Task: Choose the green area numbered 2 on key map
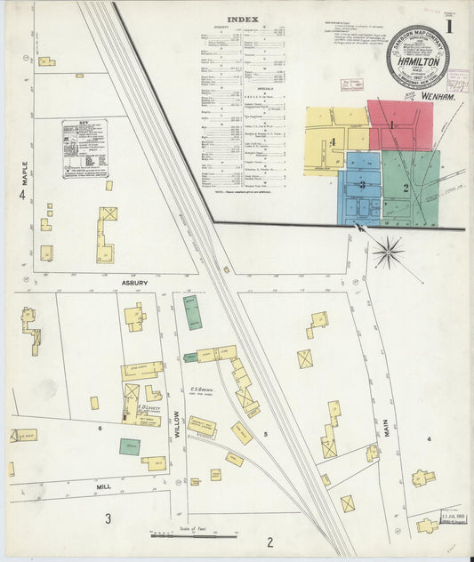[406, 187]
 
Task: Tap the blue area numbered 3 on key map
[362, 184]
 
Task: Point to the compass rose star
[389, 252]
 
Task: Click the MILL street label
[103, 487]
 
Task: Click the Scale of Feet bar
[193, 535]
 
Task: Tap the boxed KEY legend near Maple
[84, 149]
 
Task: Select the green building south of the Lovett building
[130, 446]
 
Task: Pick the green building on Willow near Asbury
[191, 313]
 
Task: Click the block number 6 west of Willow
[100, 429]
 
